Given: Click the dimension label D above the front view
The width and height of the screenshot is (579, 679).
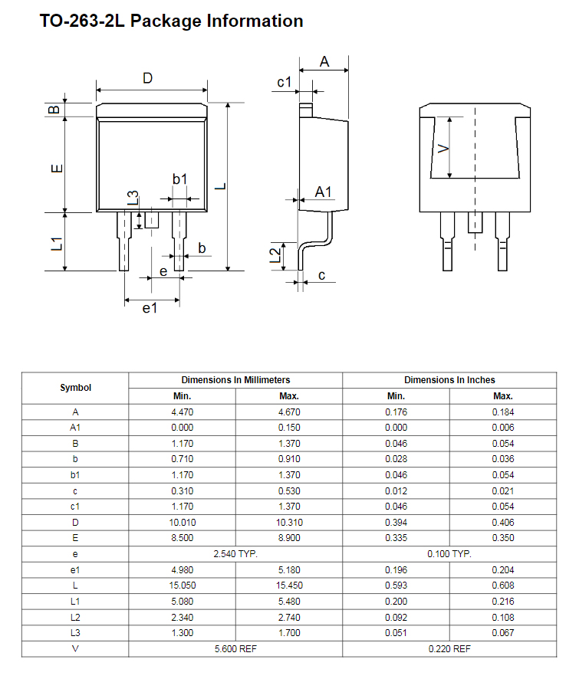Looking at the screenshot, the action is [x=148, y=78].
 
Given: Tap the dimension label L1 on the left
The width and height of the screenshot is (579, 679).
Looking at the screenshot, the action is [x=57, y=244].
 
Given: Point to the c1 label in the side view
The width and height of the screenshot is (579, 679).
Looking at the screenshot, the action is [x=285, y=82].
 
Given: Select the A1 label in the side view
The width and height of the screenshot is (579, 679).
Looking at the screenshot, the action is [x=324, y=192].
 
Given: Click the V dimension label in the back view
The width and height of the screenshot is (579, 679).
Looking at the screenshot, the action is [x=443, y=149].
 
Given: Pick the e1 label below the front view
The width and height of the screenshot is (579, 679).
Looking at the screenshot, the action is [x=150, y=308].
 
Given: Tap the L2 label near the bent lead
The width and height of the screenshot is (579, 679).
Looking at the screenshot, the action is [x=275, y=255].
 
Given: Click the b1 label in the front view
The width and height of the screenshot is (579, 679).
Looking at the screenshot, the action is [x=180, y=179].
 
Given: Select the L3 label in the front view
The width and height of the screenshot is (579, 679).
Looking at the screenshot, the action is [x=133, y=198].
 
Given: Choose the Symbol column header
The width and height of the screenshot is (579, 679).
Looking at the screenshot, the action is [x=75, y=388].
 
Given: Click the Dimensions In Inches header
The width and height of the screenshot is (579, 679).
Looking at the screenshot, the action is [x=449, y=380].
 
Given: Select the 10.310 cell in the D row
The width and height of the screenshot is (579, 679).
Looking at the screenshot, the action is [x=289, y=523].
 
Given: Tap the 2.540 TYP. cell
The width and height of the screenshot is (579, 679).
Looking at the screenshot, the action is [x=235, y=554].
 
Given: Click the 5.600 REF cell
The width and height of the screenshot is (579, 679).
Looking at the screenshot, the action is [x=235, y=648].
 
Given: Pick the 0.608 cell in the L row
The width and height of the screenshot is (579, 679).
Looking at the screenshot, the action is [x=503, y=586].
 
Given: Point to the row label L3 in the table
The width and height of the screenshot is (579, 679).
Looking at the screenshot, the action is [x=75, y=633].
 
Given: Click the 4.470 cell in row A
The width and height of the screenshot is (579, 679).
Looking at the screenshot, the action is [x=182, y=412].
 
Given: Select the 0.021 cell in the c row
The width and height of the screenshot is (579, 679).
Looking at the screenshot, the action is [x=503, y=491].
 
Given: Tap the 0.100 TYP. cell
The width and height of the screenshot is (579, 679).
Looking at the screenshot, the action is [x=449, y=554].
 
